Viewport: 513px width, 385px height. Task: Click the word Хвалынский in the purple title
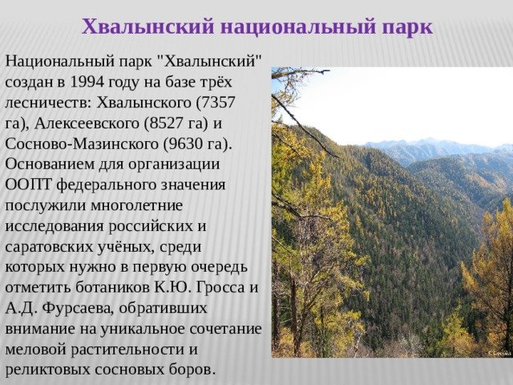147,26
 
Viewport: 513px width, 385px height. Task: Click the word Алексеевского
87,124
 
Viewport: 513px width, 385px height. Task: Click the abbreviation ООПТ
29,184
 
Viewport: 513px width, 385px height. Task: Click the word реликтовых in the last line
48,370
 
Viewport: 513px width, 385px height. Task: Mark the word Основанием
50,164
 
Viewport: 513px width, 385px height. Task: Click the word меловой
35,350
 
